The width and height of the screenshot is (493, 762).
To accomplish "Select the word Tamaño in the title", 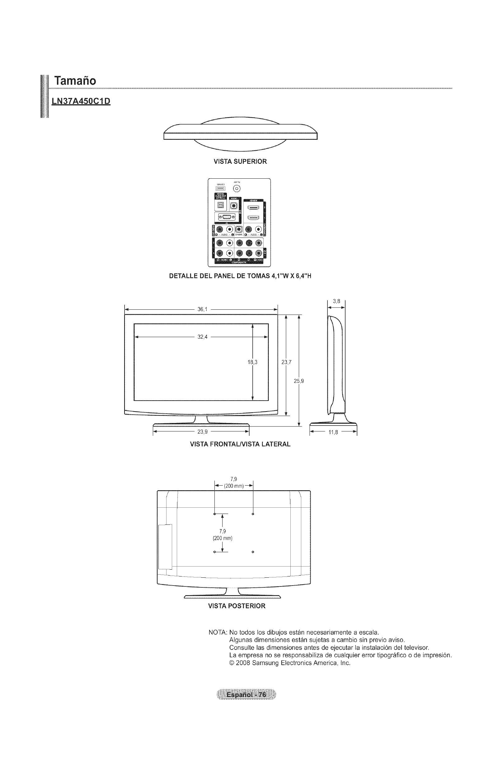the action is pyautogui.click(x=75, y=80).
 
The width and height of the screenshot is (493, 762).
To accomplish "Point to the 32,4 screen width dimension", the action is pyautogui.click(x=202, y=337).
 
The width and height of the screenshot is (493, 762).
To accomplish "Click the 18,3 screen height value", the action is pyautogui.click(x=253, y=362).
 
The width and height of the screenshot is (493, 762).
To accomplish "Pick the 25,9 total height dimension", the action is pyautogui.click(x=299, y=381).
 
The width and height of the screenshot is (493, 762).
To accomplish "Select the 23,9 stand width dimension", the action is pyautogui.click(x=202, y=432).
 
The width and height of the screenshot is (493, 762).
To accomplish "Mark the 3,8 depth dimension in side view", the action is pyautogui.click(x=336, y=301).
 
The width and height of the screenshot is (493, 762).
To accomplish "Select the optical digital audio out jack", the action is pyautogui.click(x=221, y=205).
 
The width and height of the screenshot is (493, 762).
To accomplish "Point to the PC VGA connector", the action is pyautogui.click(x=227, y=217).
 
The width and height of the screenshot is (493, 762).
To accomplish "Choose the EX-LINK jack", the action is pyautogui.click(x=239, y=229).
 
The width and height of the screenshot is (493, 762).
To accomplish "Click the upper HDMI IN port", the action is pyautogui.click(x=253, y=208).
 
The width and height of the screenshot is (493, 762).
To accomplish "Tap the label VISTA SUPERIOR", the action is pyautogui.click(x=240, y=162).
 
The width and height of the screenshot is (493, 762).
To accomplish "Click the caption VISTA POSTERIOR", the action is pyautogui.click(x=237, y=606).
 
